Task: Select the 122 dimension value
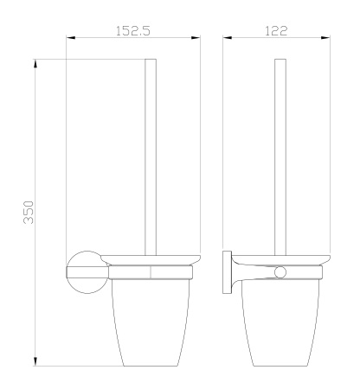click(x=279, y=30)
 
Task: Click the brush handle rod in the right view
click(x=279, y=156)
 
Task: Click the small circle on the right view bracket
click(x=279, y=273)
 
